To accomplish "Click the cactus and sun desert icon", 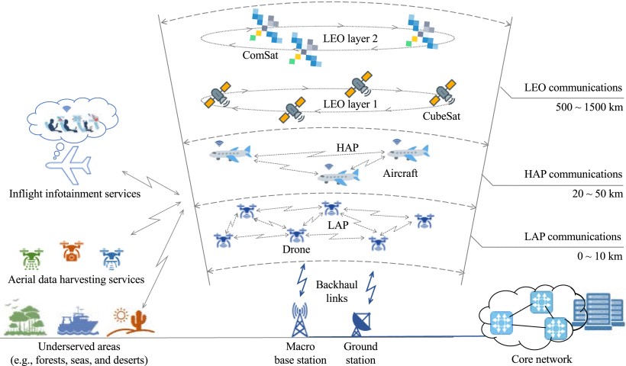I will (126, 321).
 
